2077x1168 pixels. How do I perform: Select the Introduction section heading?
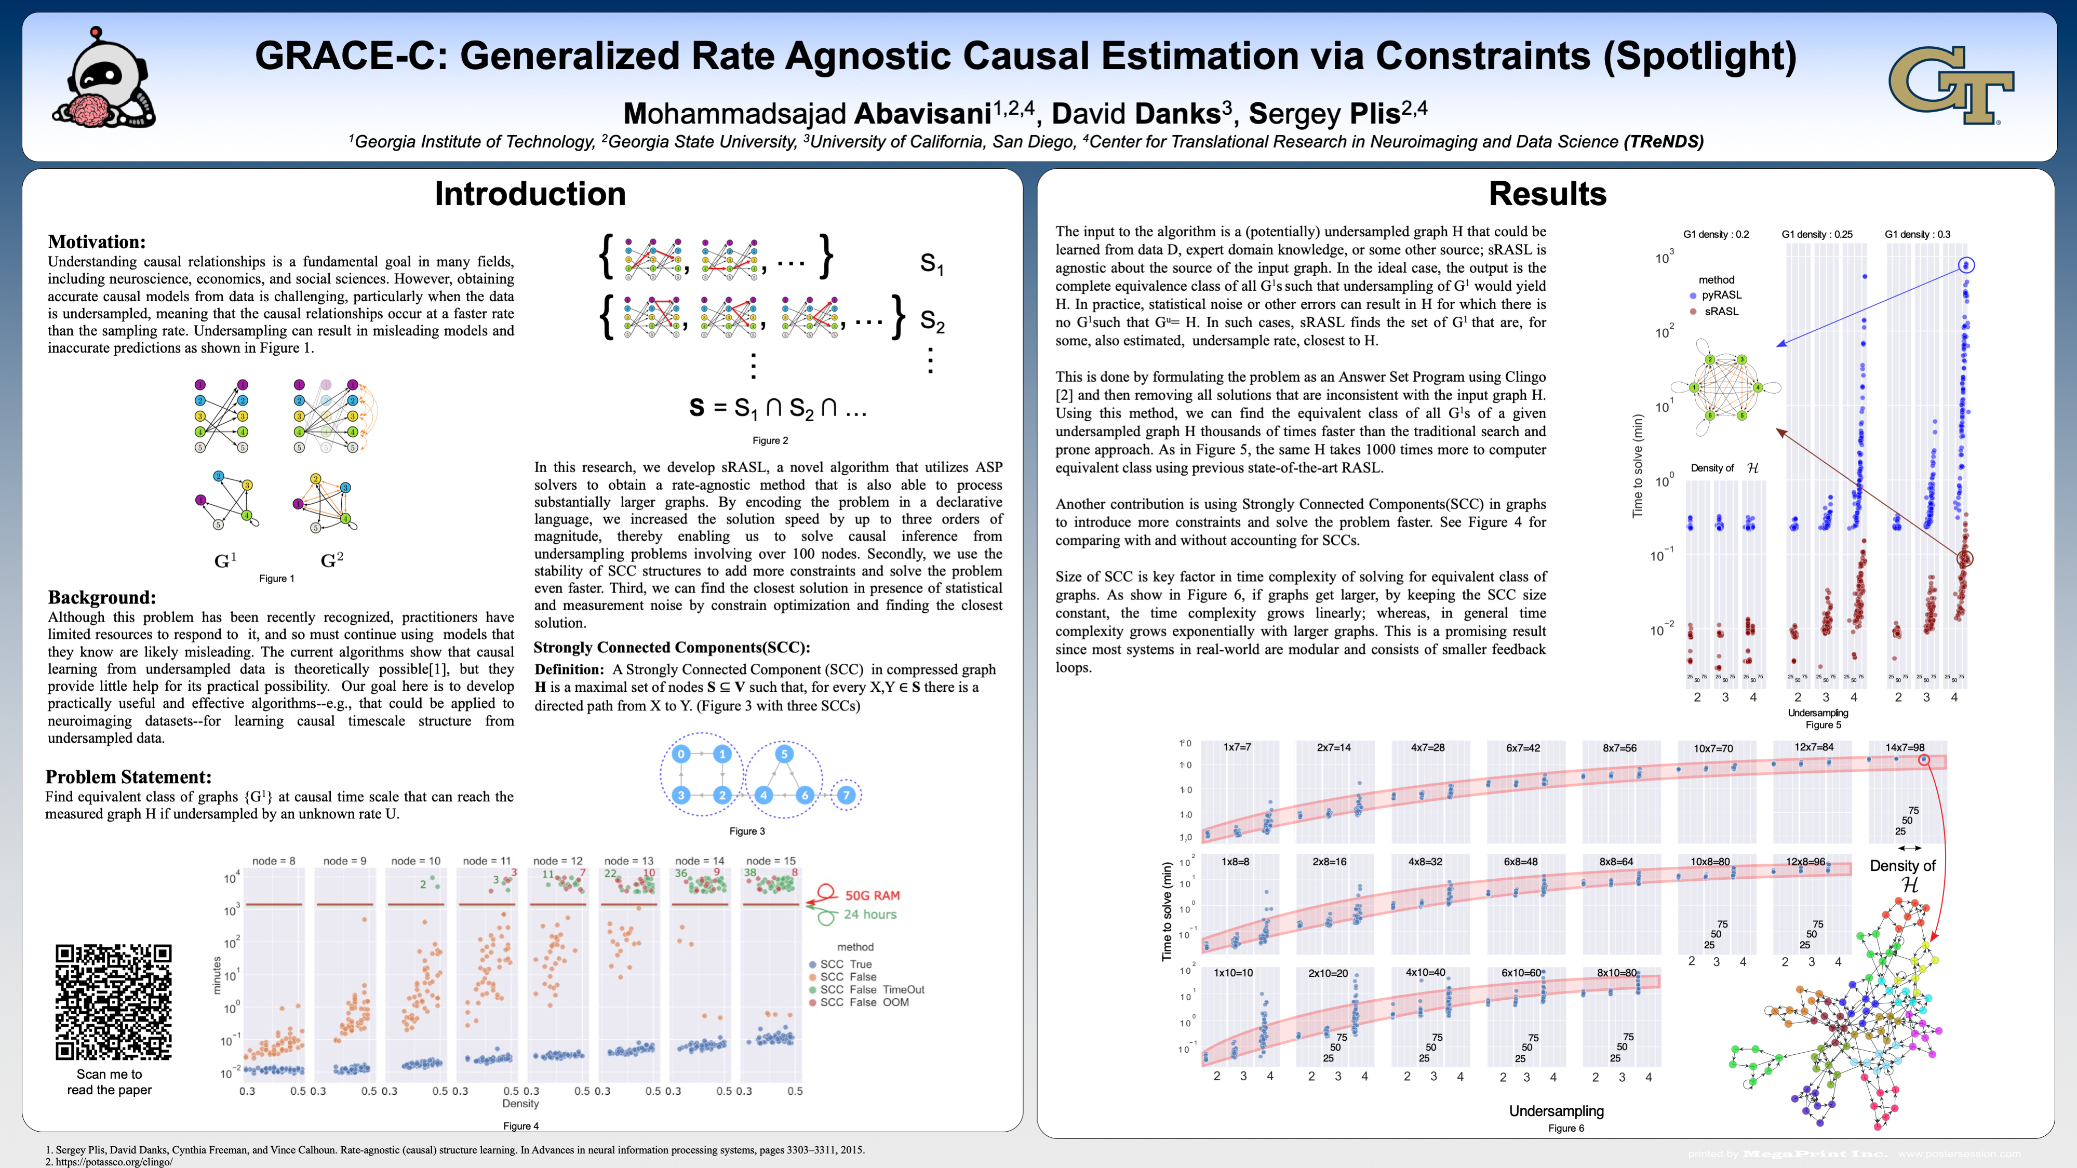[x=530, y=194]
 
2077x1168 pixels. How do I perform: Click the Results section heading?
[x=1547, y=194]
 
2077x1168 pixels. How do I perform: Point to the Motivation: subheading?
[x=97, y=242]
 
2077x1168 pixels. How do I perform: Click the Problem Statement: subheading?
[x=128, y=777]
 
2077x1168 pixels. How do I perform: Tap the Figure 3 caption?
[x=747, y=831]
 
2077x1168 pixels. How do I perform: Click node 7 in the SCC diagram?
[x=846, y=795]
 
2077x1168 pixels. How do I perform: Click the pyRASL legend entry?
[x=1721, y=295]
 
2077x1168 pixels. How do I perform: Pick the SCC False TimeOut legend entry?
[x=872, y=990]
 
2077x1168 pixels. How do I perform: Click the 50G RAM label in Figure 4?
[x=872, y=895]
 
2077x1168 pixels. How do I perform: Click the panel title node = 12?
[x=557, y=861]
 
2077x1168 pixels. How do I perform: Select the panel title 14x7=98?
[x=1905, y=747]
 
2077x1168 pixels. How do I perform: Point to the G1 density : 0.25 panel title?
[x=1817, y=235]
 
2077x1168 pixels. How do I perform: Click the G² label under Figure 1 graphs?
[x=331, y=560]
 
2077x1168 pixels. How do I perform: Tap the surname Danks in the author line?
[x=1177, y=114]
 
